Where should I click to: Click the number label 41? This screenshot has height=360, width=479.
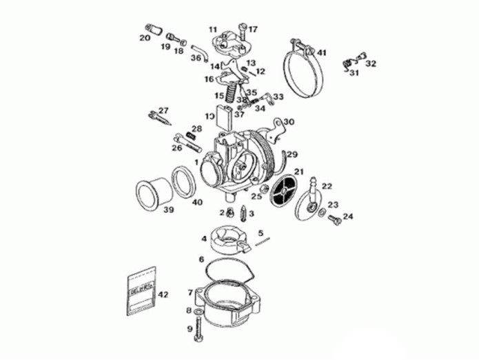point(322,52)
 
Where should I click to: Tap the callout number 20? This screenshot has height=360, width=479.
point(144,38)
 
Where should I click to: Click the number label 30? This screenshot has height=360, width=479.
point(289,122)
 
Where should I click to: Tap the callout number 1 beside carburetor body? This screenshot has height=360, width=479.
point(196,162)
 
